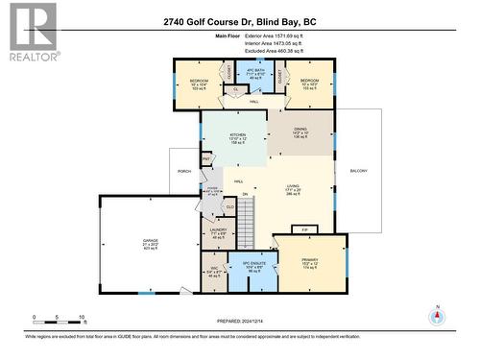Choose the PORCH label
click(x=184, y=171)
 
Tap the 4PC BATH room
click(x=254, y=76)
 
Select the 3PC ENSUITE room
click(x=253, y=267)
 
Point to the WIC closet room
click(x=214, y=272)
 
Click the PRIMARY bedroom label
click(x=307, y=262)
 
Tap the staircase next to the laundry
click(x=248, y=219)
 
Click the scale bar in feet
click(x=60, y=320)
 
